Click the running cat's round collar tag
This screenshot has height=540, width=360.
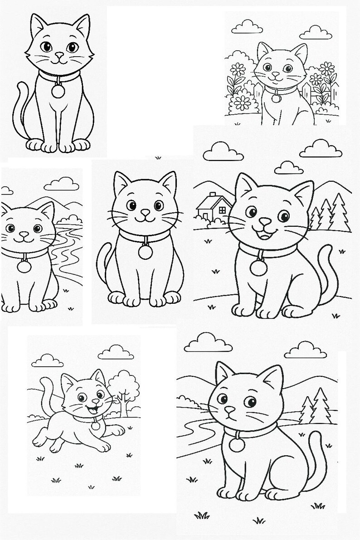tap(96, 426)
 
